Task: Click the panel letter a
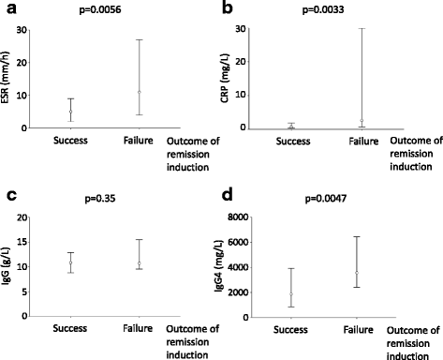7,10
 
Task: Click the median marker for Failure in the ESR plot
139,92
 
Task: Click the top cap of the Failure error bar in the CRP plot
361,28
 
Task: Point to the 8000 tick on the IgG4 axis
261,217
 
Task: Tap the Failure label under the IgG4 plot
359,330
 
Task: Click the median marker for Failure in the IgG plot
139,263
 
